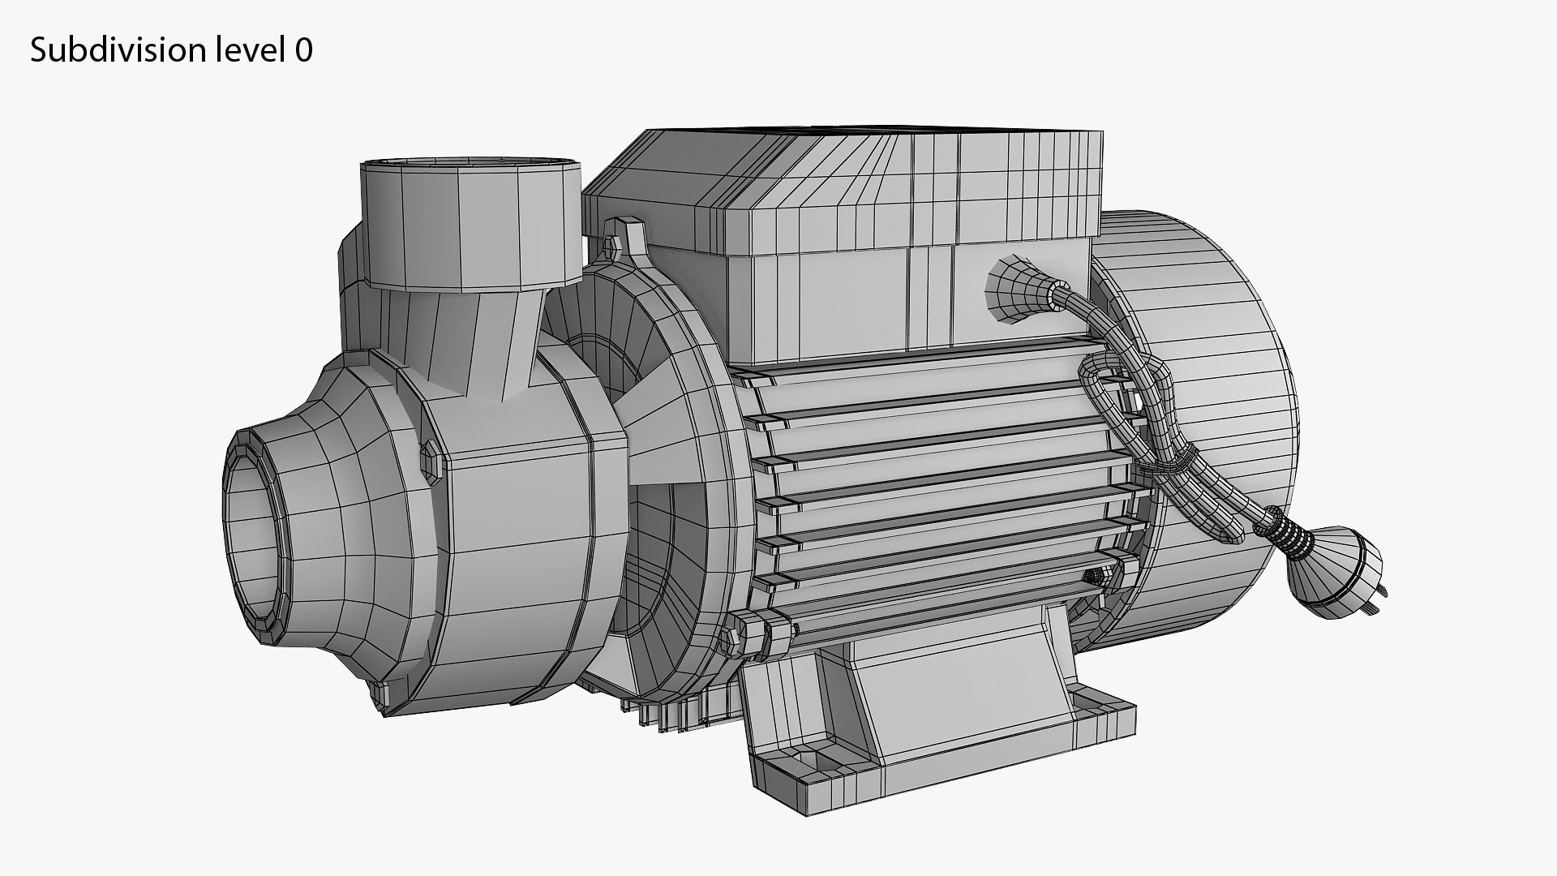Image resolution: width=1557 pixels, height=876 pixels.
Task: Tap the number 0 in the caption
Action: [304, 51]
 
